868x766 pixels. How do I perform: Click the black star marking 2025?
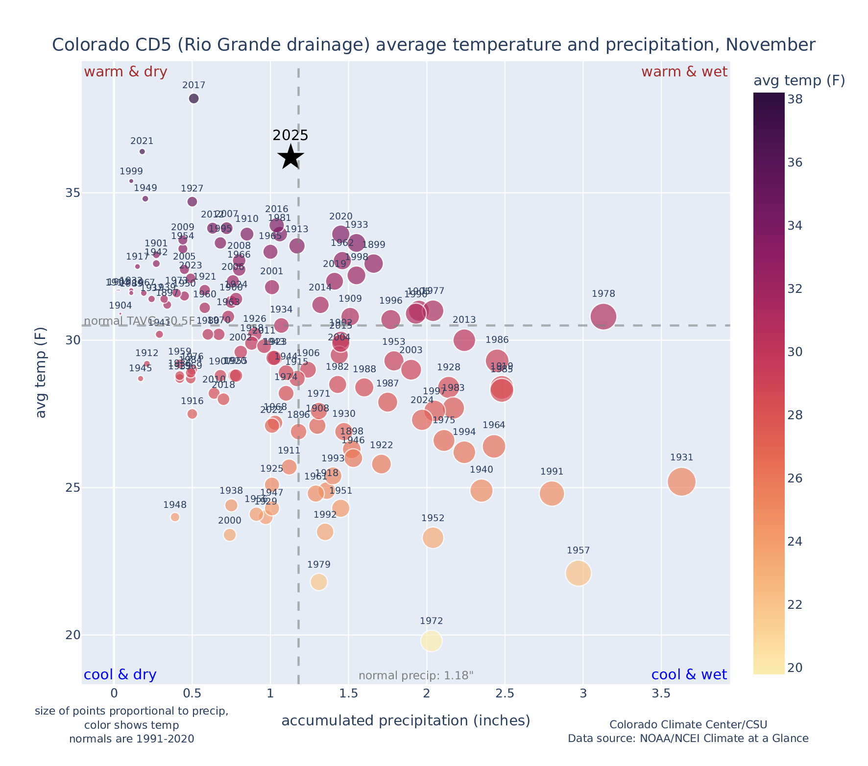[291, 157]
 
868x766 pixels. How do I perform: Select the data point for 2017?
[194, 98]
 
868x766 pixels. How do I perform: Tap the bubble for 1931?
[681, 482]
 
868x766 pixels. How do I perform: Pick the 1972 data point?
[432, 641]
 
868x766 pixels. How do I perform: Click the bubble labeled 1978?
[603, 317]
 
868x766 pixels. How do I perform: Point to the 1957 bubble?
[579, 573]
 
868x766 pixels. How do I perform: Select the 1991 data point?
[552, 493]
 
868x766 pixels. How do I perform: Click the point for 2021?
[142, 151]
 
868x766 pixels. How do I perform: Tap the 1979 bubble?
[319, 582]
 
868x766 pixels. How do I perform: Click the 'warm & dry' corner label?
[125, 72]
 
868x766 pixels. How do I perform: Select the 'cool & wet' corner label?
[689, 675]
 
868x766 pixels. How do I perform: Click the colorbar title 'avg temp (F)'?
[799, 80]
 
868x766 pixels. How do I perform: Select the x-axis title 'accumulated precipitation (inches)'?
[406, 721]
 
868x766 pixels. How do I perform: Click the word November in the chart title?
[770, 45]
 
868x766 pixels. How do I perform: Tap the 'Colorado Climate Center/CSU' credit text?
[688, 724]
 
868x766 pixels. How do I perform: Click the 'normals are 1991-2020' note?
[132, 739]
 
